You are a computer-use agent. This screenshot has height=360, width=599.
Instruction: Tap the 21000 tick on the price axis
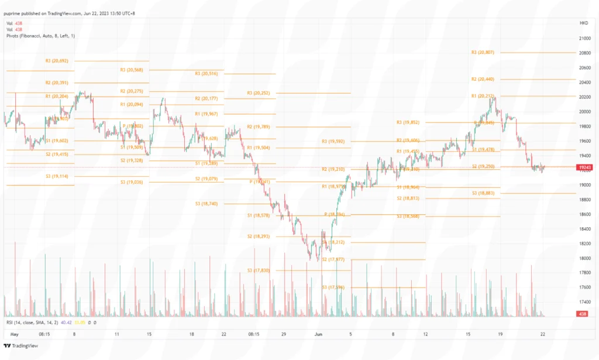[x=583, y=39]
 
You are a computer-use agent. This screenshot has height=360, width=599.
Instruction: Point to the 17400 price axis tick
[x=583, y=302]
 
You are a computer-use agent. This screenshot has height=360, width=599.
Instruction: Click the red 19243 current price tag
[x=584, y=167]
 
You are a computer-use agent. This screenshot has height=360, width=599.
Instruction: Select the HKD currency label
[x=584, y=23]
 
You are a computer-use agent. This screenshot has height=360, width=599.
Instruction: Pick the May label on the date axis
[x=15, y=334]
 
